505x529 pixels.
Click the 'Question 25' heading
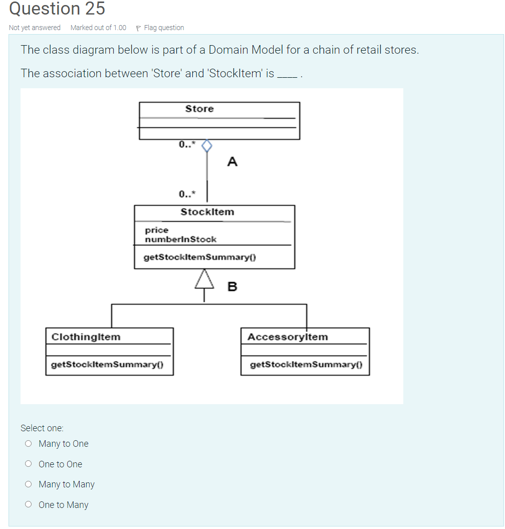tap(57, 9)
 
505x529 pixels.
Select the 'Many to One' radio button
tap(29, 443)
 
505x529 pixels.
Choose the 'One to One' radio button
tap(29, 464)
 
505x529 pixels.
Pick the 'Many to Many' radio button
tap(29, 484)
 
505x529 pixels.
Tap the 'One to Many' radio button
tap(29, 504)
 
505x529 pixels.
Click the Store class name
tap(199, 109)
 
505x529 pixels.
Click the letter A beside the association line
tap(232, 161)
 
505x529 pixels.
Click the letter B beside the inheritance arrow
tap(232, 287)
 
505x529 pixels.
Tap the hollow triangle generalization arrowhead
tap(204, 280)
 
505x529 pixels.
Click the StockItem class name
tap(207, 212)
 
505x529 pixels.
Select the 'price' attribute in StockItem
tap(156, 230)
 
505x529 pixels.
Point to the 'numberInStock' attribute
tap(180, 239)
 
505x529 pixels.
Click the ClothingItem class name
tap(86, 336)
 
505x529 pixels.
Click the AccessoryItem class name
tap(288, 336)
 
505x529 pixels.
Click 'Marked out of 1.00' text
tap(98, 28)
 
